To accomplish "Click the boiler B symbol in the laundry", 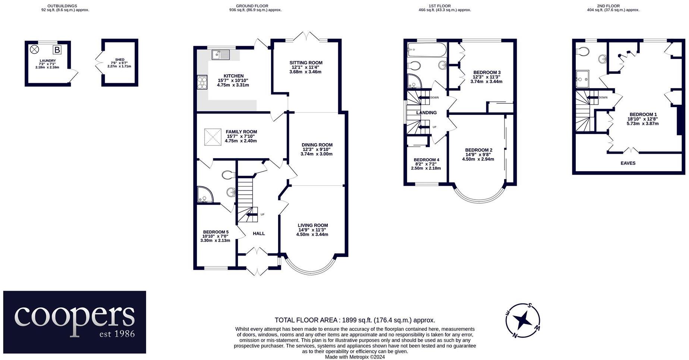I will click(x=57, y=50).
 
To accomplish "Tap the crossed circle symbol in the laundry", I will click(x=34, y=49).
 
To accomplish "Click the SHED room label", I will click(x=120, y=60).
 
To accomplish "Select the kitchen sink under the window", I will click(x=221, y=55).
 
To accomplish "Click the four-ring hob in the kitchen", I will click(x=202, y=82).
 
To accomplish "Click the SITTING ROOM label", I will click(x=306, y=63).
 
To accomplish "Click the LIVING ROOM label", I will click(x=312, y=225).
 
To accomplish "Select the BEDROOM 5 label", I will click(x=215, y=232).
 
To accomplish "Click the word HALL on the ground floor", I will click(x=259, y=234).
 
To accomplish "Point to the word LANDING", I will click(x=426, y=113).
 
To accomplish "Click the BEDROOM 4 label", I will click(x=426, y=160).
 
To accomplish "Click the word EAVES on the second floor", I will click(x=628, y=163).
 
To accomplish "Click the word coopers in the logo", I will click(x=75, y=316).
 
